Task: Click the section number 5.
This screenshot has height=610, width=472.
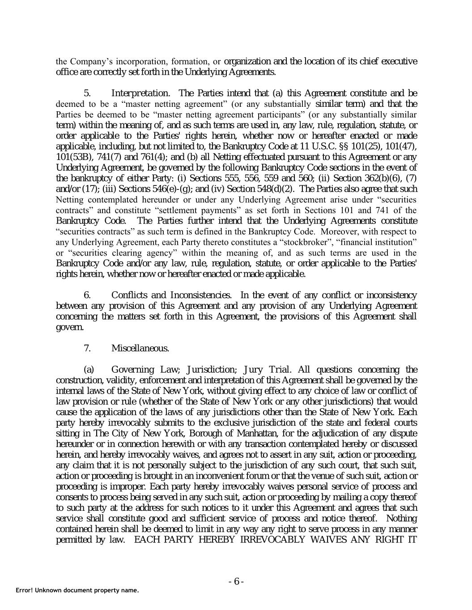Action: pos(88,93)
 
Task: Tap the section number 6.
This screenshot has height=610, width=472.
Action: pos(88,295)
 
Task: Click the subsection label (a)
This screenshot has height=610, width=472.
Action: pos(89,370)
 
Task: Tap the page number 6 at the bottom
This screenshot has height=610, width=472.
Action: pos(236,581)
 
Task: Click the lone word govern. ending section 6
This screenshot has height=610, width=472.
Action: pos(69,328)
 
